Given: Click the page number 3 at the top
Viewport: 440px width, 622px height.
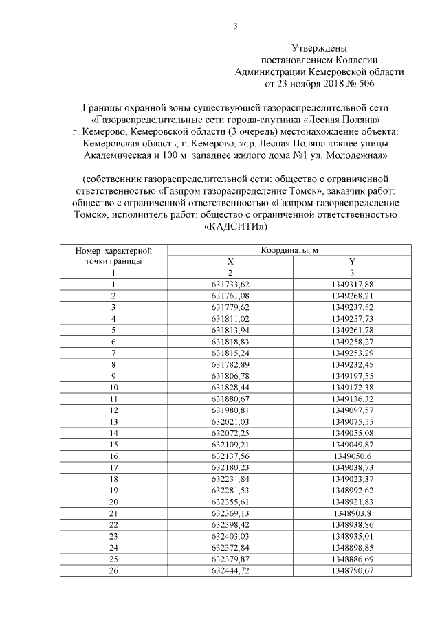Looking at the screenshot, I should (x=235, y=27).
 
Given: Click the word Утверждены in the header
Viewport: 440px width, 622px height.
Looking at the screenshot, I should (x=319, y=49).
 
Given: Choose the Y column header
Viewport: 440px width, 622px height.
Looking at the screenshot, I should (x=352, y=262).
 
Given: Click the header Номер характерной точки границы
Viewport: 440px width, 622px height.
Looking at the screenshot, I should (x=113, y=256).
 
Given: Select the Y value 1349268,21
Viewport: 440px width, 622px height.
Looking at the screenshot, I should (x=352, y=296).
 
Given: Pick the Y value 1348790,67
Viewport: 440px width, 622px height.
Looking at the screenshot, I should (x=352, y=570).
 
